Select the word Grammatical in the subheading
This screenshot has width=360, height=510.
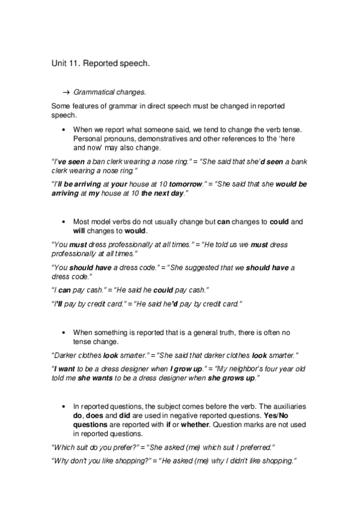click(x=93, y=92)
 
